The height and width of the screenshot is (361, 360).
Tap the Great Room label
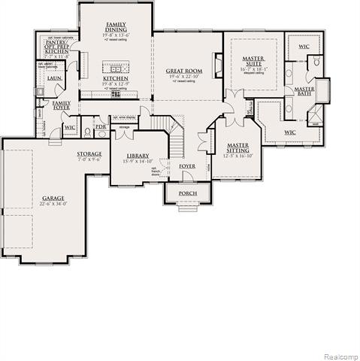point(184,71)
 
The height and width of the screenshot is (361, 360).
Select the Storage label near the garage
point(89,153)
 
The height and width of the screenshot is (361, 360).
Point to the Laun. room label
point(53,78)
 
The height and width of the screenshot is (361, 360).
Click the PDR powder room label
point(101,127)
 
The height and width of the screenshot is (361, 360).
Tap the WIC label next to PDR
point(71,128)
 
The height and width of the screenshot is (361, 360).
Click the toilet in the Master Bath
point(316,62)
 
